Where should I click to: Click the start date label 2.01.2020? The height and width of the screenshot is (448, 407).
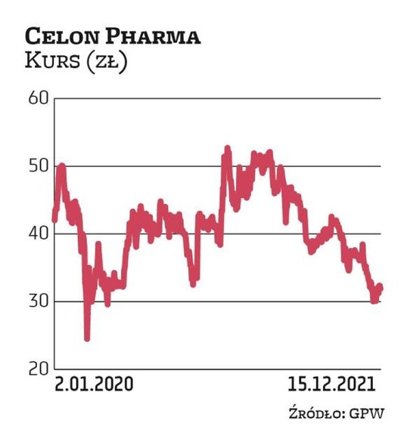[93, 385]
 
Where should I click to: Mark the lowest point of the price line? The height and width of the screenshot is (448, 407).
[87, 338]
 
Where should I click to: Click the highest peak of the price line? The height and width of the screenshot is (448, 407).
[226, 149]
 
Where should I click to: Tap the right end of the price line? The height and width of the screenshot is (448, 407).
[381, 286]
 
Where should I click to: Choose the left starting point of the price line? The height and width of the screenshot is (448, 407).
[54, 220]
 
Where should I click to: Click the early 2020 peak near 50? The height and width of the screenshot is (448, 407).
[61, 165]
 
